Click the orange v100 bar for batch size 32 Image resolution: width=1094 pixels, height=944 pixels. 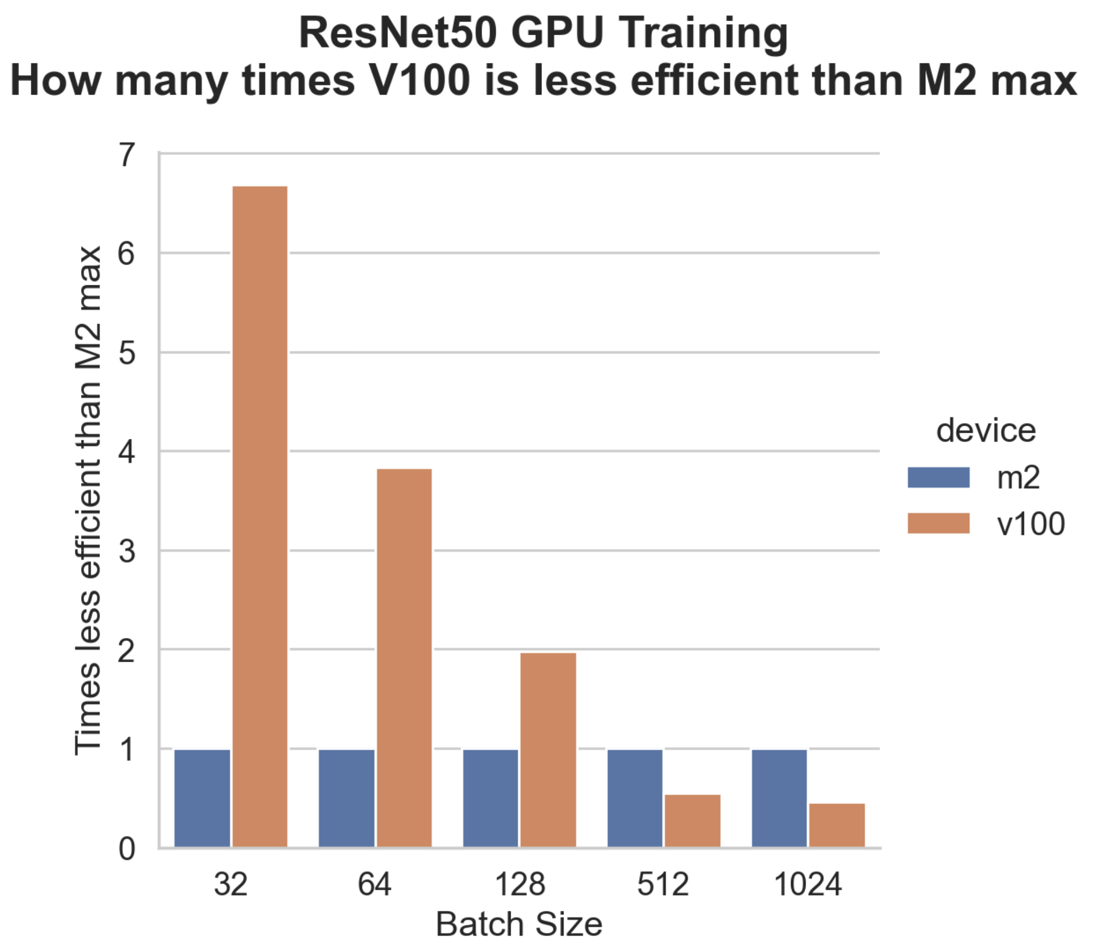tap(260, 517)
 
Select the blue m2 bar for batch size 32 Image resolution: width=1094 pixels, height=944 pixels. tap(202, 798)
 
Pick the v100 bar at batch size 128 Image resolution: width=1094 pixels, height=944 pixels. tap(548, 750)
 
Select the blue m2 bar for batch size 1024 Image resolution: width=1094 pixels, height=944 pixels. tap(779, 798)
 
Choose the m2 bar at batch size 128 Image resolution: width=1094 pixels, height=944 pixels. tap(491, 798)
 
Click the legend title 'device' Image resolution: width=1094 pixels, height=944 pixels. tap(986, 431)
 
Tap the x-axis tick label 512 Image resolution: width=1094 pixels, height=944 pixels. tap(663, 885)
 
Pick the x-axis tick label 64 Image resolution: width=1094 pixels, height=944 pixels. tap(374, 885)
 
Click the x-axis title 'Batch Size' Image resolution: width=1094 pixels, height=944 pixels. tap(519, 924)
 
